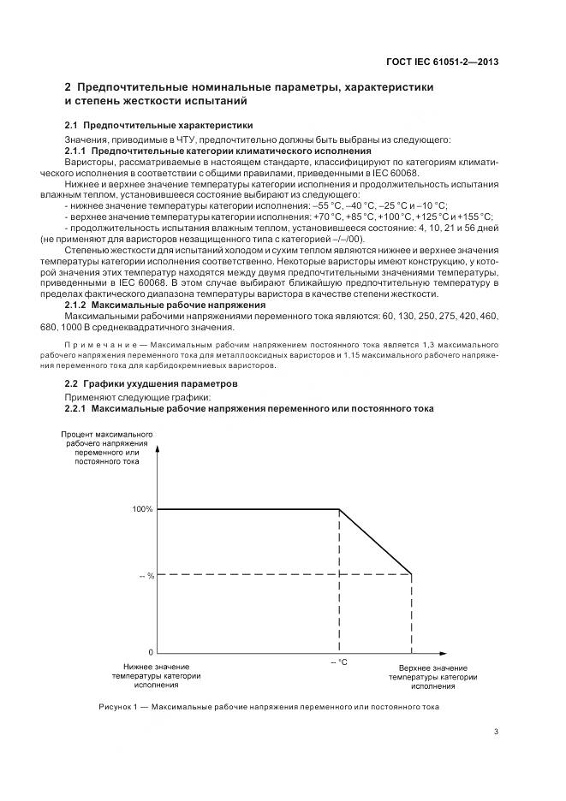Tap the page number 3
tap(497, 732)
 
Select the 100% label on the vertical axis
tap(142, 509)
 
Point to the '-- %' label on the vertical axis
tap(146, 575)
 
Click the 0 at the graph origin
tap(150, 652)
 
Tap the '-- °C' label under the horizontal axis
tap(339, 662)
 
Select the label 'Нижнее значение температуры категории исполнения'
tap(156, 675)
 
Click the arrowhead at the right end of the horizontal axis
tap(448, 652)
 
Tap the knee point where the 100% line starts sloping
tap(340, 509)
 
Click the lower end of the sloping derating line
tap(412, 574)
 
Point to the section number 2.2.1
tap(79, 409)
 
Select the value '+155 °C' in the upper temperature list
tap(475, 217)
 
